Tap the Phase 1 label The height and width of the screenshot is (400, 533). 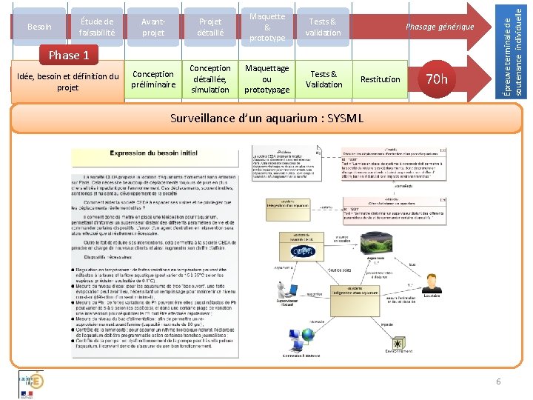(68, 55)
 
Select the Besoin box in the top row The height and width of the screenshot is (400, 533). (39, 27)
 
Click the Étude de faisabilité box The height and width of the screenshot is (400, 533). (97, 27)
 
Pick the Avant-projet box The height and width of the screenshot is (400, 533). (153, 27)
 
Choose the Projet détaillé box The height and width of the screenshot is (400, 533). (209, 27)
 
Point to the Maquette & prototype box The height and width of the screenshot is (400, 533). (266, 27)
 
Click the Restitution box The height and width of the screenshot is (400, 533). (380, 79)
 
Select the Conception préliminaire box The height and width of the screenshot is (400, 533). (153, 79)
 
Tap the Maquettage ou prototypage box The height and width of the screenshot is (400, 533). (266, 79)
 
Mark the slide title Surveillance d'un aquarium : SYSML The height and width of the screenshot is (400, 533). (266, 118)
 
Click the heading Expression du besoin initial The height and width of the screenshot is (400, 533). (153, 153)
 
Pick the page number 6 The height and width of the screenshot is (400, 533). (498, 381)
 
